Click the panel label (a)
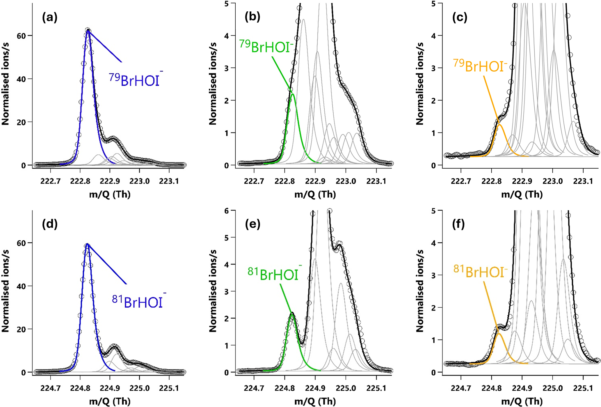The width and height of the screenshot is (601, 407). (x=50, y=18)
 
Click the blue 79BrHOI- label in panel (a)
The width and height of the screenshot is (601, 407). (x=135, y=80)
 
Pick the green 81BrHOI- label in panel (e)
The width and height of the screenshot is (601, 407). (x=273, y=274)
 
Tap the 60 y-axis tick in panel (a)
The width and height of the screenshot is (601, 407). (x=23, y=36)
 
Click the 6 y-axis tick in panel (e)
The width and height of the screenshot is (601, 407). (x=228, y=211)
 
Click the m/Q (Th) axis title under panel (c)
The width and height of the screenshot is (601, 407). (x=522, y=195)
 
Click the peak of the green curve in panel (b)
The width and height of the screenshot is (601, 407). (x=293, y=94)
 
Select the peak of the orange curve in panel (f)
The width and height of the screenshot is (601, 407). (x=499, y=334)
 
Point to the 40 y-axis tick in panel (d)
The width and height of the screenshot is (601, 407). (x=23, y=286)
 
